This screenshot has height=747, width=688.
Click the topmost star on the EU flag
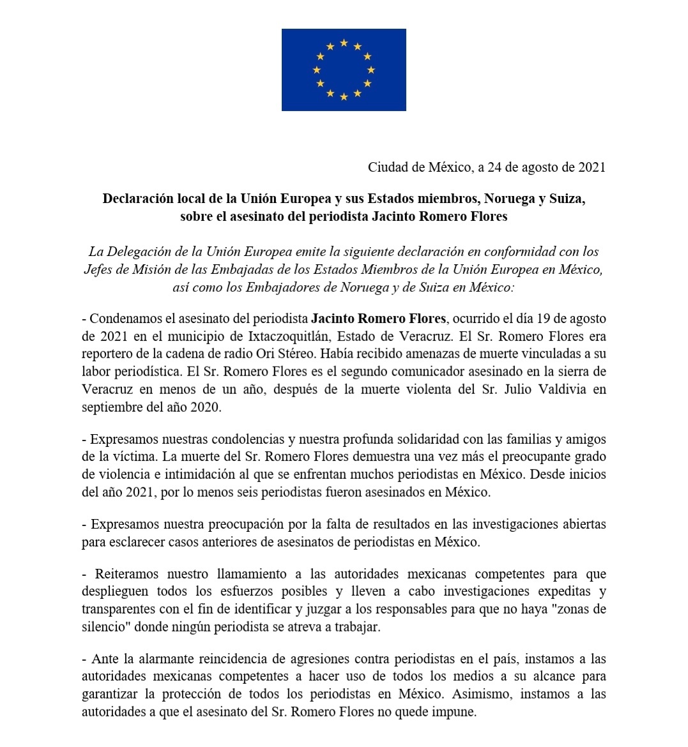pos(344,42)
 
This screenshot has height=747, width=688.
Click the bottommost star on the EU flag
pos(344,97)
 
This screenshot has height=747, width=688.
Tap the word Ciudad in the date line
pos(387,167)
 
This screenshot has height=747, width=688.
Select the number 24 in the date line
pos(494,167)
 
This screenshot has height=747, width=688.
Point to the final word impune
pos(455,711)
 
